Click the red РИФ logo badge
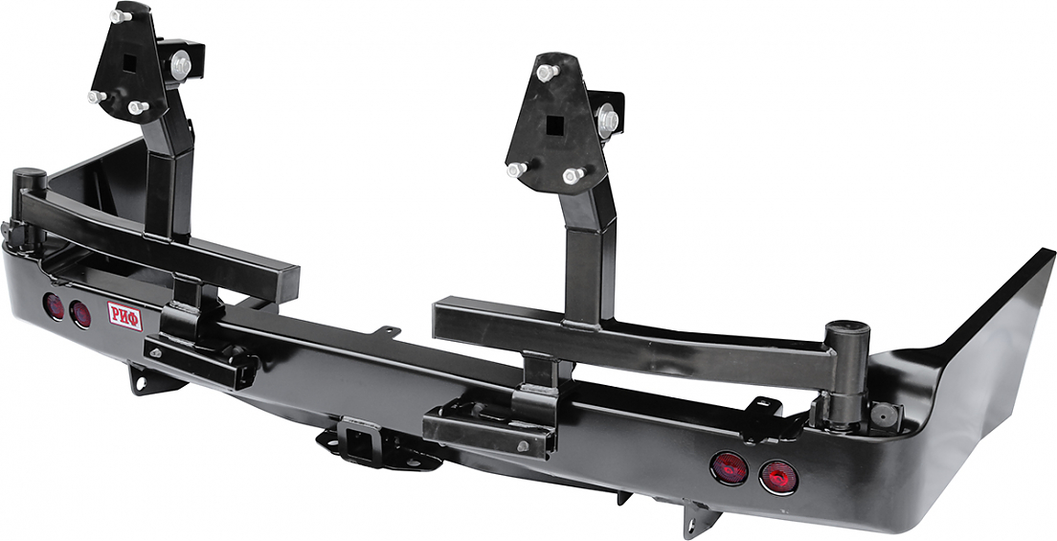[x=124, y=316]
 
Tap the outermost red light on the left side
[x=54, y=306]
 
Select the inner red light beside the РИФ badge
[x=80, y=314]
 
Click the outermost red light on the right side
[x=778, y=477]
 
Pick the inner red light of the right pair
[x=729, y=468]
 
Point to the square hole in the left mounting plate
[x=128, y=63]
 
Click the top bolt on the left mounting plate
[x=121, y=15]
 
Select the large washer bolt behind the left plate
[x=181, y=66]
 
